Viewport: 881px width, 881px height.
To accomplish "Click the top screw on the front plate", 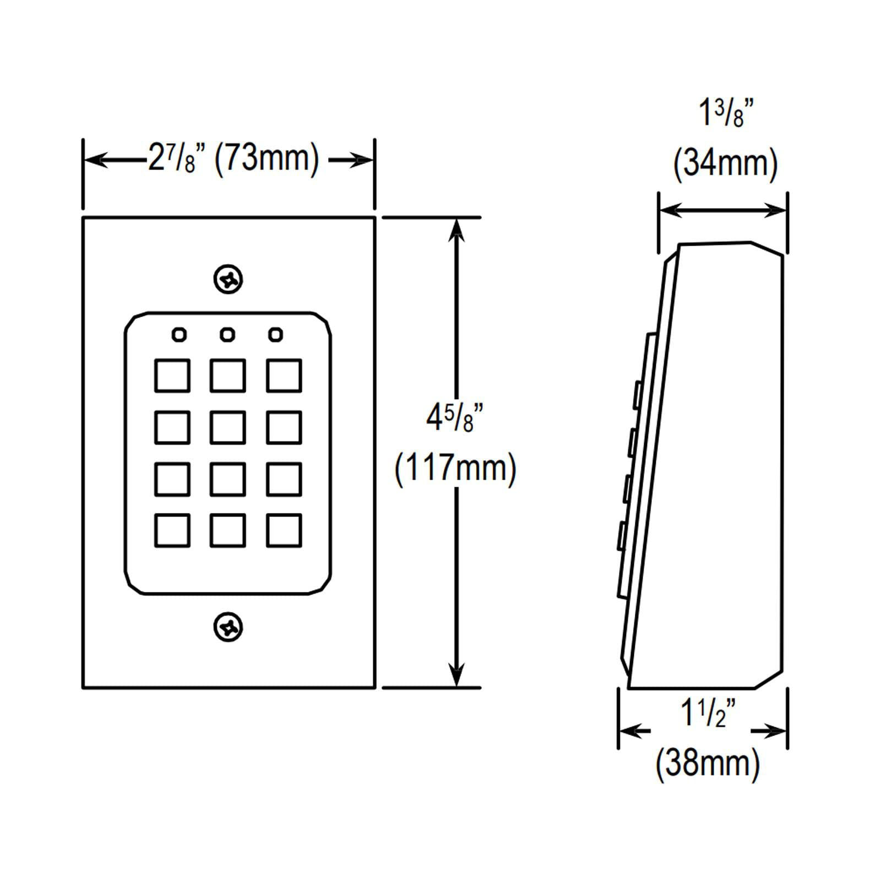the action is pos(228,280).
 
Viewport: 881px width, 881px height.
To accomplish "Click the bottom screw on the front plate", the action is pos(228,627).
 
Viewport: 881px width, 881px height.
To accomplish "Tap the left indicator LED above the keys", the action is pos(180,334).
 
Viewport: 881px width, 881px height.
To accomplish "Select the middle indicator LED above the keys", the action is pos(227,334).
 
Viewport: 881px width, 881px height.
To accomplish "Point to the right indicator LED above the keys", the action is pos(275,334).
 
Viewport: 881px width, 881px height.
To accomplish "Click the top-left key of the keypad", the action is pos(172,376).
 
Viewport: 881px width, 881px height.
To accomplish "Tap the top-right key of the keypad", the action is pos(284,376).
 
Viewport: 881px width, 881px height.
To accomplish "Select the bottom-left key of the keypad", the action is pos(172,530).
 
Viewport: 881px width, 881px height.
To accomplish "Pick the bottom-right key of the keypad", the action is pos(284,530).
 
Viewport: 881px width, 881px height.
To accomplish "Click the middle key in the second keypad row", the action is pos(228,427).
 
